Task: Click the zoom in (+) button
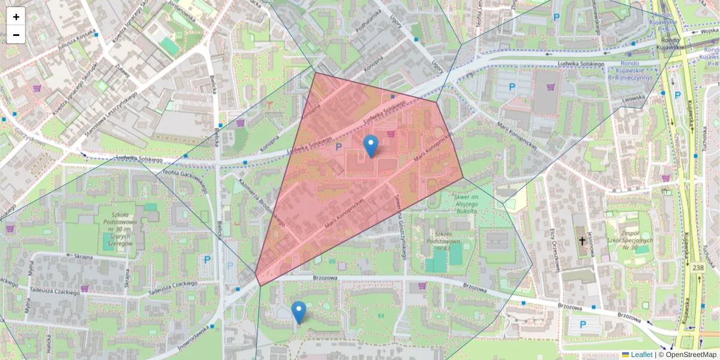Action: [x=16, y=17]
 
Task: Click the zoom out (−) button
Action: [x=16, y=35]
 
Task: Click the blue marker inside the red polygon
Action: [x=371, y=146]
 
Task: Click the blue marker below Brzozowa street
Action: [x=298, y=312]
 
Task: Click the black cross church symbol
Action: [x=581, y=241]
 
